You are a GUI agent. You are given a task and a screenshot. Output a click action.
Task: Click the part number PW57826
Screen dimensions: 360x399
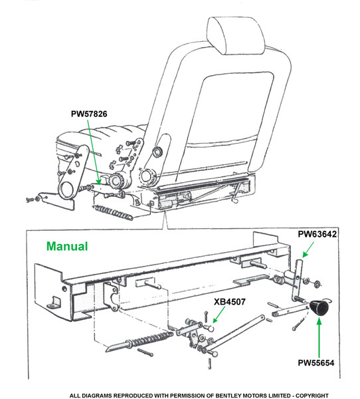tap(89, 114)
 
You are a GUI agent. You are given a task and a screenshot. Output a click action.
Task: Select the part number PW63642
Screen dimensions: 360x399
tap(317, 234)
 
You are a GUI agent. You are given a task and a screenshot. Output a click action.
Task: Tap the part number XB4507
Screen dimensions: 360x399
tap(230, 302)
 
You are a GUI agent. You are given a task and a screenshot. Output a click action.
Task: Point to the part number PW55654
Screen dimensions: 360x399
tap(315, 362)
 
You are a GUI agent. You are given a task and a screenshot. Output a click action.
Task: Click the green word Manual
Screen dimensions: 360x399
tap(67, 246)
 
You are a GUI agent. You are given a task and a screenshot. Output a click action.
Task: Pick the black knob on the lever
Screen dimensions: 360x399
tap(319, 307)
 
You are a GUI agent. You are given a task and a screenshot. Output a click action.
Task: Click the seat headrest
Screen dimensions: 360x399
tap(236, 36)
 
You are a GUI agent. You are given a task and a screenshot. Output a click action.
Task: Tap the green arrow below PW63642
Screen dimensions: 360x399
tap(308, 249)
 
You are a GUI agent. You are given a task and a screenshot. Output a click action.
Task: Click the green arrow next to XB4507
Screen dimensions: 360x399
tap(219, 315)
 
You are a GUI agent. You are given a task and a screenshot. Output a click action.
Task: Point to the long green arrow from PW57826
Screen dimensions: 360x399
tap(93, 152)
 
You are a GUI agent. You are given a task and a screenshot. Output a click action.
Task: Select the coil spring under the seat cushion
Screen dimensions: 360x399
tap(113, 212)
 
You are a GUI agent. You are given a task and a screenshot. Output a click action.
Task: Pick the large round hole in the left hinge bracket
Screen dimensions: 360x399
tap(67, 189)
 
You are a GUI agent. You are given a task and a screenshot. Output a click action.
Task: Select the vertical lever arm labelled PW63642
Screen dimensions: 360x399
tap(298, 279)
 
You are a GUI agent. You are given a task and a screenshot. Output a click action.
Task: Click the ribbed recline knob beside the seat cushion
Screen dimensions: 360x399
tap(116, 180)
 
